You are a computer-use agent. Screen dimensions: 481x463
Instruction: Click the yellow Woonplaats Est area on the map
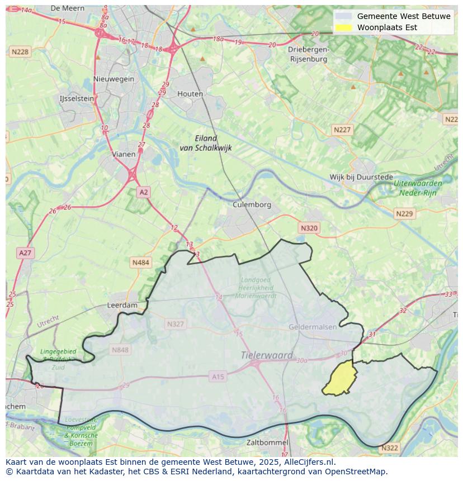[x=340, y=379]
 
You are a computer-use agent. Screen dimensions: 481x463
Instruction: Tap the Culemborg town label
[x=252, y=204]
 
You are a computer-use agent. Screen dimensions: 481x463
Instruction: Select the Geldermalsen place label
[x=313, y=326]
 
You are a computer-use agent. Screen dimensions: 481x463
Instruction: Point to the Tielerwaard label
[x=267, y=355]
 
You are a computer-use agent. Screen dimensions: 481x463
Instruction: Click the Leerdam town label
[x=122, y=306]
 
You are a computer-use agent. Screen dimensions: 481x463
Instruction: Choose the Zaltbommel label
[x=267, y=442]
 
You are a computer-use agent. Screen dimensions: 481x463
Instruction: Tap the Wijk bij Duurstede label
[x=361, y=177]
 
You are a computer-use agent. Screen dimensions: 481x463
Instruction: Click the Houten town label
[x=190, y=94]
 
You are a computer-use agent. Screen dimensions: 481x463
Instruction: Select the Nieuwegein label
[x=114, y=79]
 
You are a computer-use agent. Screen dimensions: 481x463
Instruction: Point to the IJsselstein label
[x=77, y=98]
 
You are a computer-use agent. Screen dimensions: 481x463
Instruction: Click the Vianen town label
[x=124, y=154]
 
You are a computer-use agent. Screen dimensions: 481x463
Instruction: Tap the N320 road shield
[x=309, y=228]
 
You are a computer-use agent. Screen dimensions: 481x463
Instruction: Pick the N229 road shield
[x=404, y=213]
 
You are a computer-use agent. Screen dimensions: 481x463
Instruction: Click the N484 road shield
[x=141, y=262]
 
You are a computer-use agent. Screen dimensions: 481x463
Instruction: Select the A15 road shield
[x=218, y=377]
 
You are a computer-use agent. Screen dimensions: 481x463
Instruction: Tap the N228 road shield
[x=20, y=51]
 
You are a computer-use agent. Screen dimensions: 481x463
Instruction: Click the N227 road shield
[x=342, y=130]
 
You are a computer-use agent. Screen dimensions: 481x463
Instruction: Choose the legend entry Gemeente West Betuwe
[x=403, y=16]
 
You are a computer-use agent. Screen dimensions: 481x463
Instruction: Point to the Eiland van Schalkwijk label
[x=205, y=143]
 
